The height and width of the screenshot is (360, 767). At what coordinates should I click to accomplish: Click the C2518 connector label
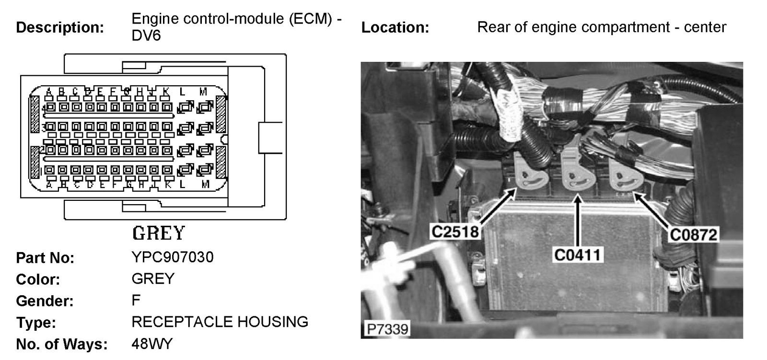455,232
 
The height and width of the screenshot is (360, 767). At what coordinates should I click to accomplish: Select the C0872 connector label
694,234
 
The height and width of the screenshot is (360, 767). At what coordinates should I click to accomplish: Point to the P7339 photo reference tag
387,329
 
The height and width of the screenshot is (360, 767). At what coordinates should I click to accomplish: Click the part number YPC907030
173,257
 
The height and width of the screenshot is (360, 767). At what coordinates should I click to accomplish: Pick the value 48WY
152,344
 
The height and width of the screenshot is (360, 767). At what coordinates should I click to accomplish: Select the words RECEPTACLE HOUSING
220,322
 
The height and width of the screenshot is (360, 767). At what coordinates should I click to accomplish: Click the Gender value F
136,301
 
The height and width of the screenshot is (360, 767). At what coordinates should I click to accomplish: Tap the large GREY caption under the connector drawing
159,233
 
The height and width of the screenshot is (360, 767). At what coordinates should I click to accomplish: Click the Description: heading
60,27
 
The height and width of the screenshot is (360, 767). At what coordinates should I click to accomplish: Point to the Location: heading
395,27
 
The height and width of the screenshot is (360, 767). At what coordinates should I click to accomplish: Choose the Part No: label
45,258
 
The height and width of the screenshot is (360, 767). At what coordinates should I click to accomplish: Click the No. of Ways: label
61,344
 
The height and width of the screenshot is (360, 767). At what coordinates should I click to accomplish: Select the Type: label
36,323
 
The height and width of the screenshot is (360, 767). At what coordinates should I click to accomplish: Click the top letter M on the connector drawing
204,91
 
